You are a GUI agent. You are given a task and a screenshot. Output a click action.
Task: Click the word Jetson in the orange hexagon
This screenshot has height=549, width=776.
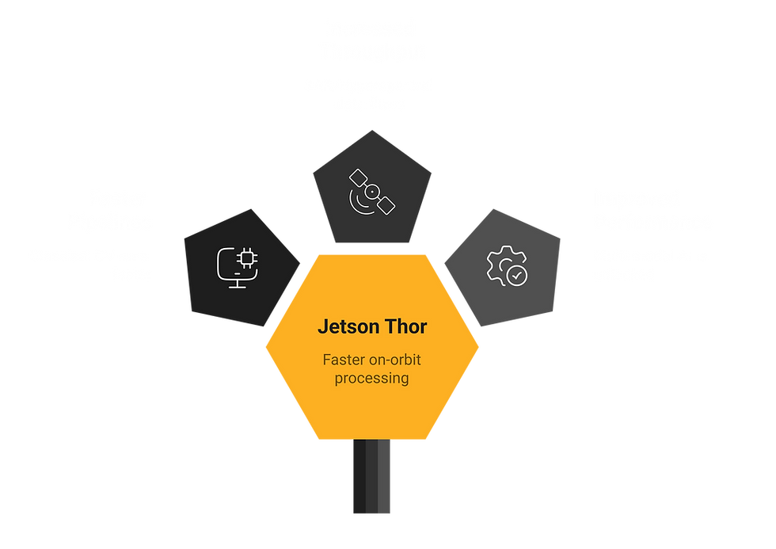pos(344,326)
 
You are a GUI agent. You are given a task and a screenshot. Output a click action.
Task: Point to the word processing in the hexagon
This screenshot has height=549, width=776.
pos(371,379)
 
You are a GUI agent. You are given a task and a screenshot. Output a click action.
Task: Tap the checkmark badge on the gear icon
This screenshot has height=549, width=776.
pos(515,275)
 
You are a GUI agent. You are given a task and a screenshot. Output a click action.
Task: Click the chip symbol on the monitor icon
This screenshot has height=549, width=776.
pos(245,259)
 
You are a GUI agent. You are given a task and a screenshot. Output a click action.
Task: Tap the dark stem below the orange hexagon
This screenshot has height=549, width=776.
pos(371,478)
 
